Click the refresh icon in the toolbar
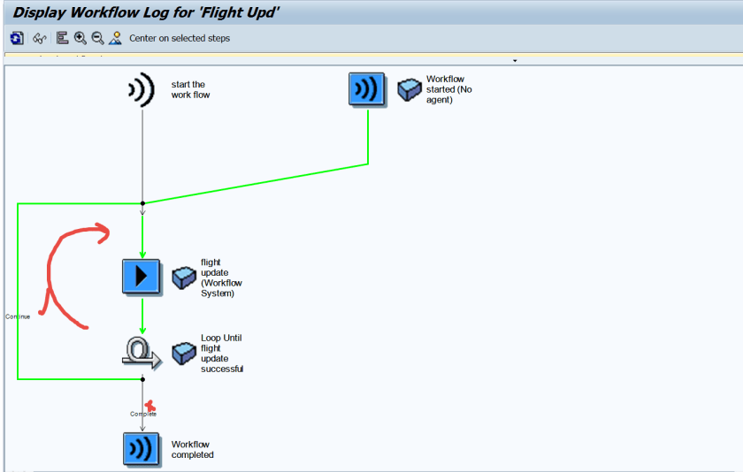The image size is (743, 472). click(x=17, y=38)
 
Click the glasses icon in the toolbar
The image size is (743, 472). click(x=39, y=38)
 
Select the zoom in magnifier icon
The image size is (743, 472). click(x=80, y=38)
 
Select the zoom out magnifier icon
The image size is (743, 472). click(x=97, y=38)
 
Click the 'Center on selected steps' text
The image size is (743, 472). click(x=180, y=38)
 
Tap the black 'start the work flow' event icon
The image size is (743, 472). click(x=142, y=90)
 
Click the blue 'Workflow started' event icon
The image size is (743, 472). click(x=367, y=89)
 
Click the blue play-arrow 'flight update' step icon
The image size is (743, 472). click(x=141, y=277)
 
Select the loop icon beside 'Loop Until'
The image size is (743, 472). click(x=142, y=354)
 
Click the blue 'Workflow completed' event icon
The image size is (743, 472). click(x=142, y=449)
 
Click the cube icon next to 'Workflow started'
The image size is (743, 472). click(x=409, y=89)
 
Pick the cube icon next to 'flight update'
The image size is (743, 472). click(x=183, y=277)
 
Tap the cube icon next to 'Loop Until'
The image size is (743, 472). click(x=183, y=353)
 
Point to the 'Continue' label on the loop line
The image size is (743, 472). click(x=18, y=316)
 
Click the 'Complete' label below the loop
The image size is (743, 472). click(x=143, y=414)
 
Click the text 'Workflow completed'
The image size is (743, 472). click(x=192, y=450)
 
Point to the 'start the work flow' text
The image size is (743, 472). click(x=190, y=90)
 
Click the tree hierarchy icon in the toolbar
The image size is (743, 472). click(x=62, y=38)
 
